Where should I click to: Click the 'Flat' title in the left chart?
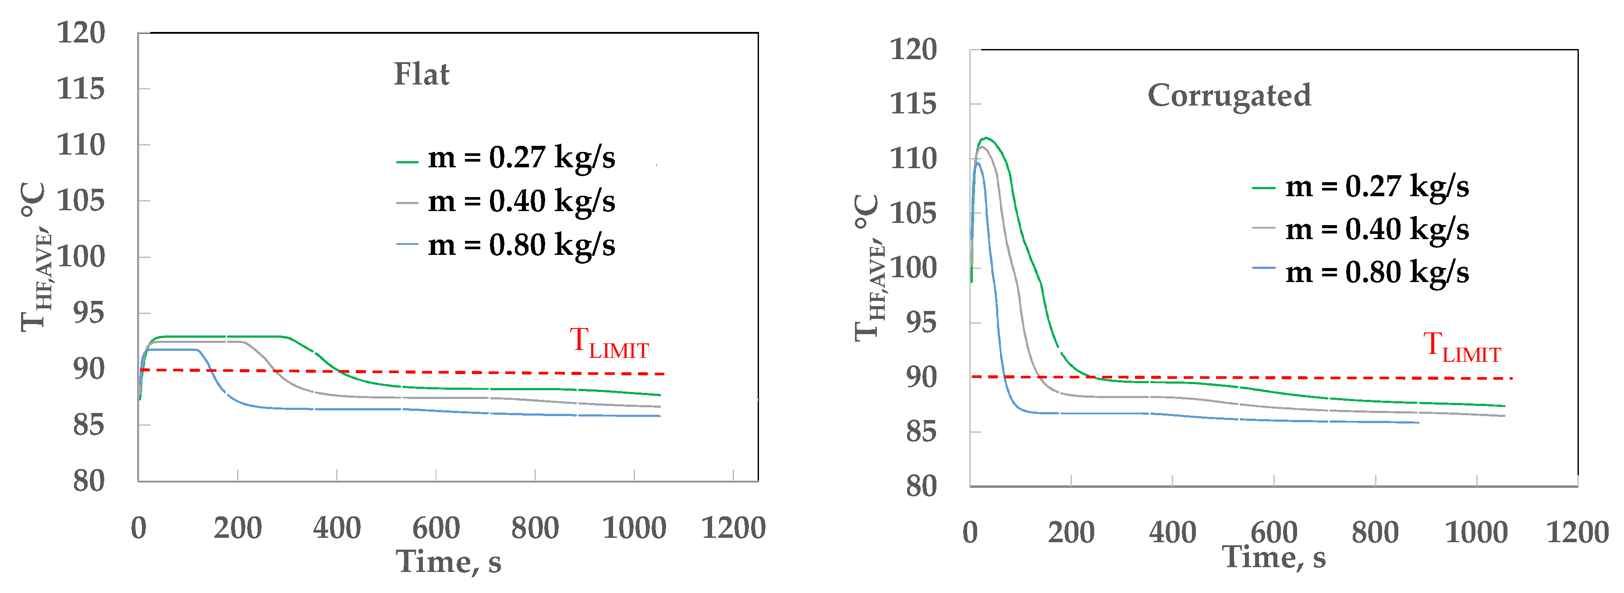[x=421, y=74]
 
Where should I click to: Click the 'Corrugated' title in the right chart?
[x=1229, y=96]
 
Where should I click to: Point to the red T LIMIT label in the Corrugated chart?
[x=1462, y=348]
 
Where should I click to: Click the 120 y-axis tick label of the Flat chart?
[x=81, y=33]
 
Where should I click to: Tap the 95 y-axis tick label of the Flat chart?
[x=88, y=313]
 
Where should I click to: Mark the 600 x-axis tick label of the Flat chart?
[x=436, y=528]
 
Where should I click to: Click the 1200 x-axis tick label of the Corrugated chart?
[x=1578, y=533]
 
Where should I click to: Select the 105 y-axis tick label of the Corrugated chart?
[x=913, y=214]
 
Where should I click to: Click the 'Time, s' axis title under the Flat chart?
[x=448, y=561]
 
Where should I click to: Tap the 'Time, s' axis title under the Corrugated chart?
[x=1273, y=557]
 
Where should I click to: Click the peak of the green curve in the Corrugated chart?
[x=986, y=138]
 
